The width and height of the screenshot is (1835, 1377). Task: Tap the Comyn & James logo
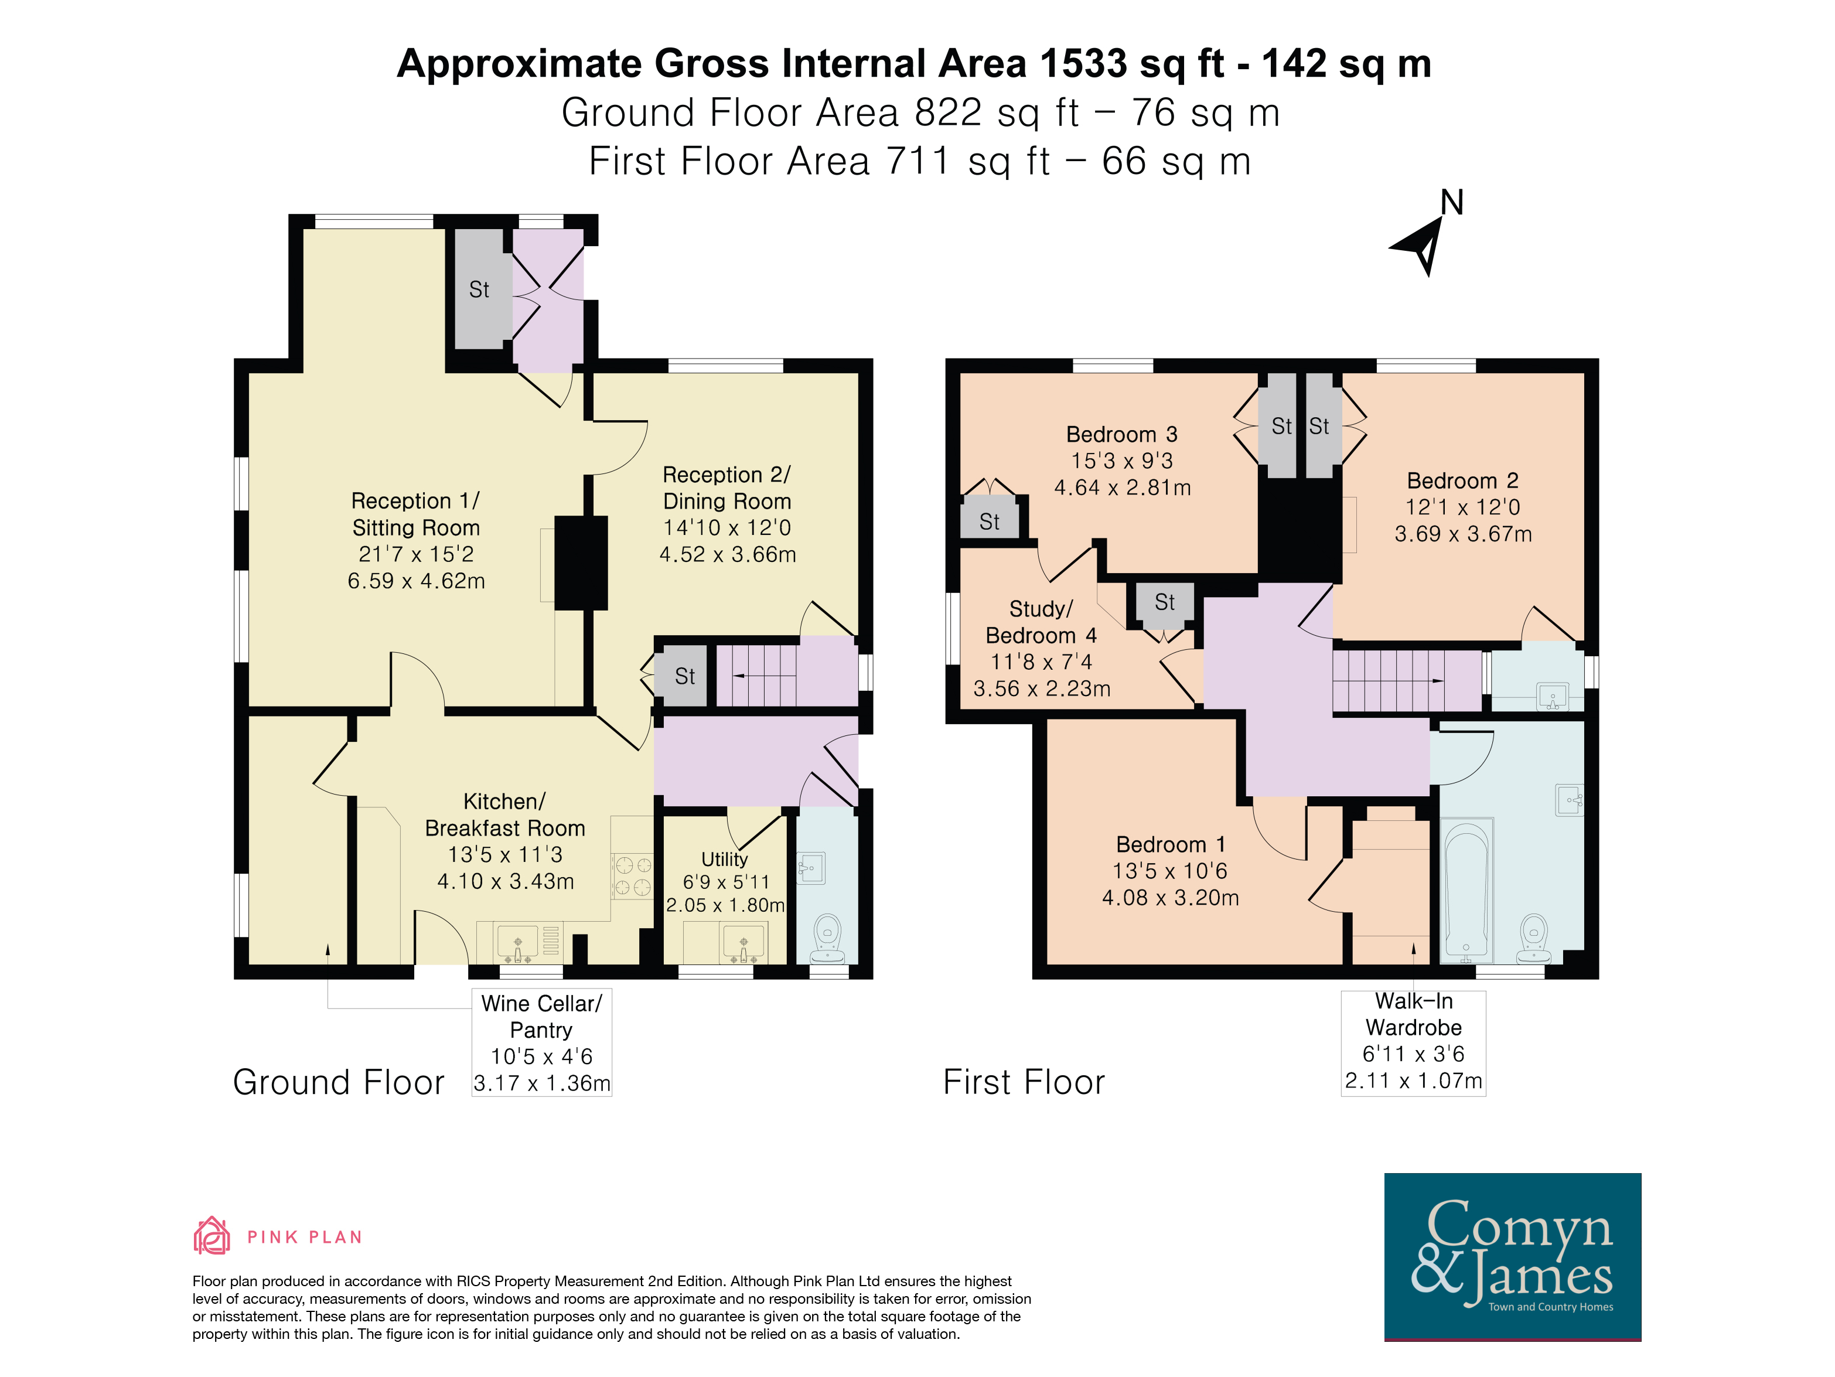coord(1512,1256)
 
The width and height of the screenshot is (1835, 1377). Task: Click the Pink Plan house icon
coord(212,1235)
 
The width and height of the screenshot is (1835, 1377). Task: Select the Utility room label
coord(724,860)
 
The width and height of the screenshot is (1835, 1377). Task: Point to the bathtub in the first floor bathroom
coord(1466,890)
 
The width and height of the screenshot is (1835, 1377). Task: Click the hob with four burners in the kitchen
coord(632,877)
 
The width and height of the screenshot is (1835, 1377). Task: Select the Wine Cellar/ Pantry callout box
coord(542,1042)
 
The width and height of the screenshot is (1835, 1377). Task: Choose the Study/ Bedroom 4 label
coord(1041,622)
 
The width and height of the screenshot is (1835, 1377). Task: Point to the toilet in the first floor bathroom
coord(1534,938)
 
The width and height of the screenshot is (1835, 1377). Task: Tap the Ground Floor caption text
coord(339,1082)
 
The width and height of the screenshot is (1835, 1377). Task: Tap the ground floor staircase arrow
coord(763,677)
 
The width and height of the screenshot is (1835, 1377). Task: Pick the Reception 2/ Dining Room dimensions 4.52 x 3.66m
coord(728,554)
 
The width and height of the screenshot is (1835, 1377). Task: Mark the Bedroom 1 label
coord(1171,844)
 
